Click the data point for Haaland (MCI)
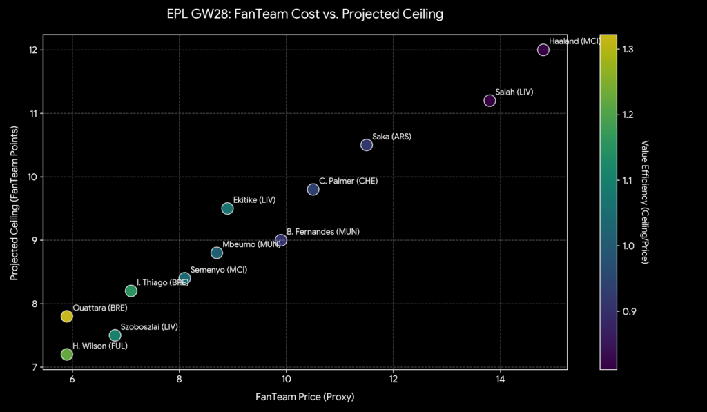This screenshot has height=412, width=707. point(543,50)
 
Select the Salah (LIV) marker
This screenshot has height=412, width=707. point(490,101)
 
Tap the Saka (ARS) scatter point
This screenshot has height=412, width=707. point(367,145)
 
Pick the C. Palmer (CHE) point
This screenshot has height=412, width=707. point(313,189)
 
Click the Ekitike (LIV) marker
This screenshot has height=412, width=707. point(227,208)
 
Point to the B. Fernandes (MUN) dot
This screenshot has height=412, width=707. point(281,240)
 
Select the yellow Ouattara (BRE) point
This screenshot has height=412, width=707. point(67,316)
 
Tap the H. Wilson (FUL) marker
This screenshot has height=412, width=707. point(67,354)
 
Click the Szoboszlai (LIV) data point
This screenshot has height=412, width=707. point(115,335)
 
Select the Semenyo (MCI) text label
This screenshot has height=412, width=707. point(218,269)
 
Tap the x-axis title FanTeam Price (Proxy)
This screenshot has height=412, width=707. point(305,397)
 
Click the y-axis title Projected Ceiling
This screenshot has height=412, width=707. point(14,201)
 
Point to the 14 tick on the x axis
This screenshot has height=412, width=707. point(500,380)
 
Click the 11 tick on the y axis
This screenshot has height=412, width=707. point(32,113)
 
